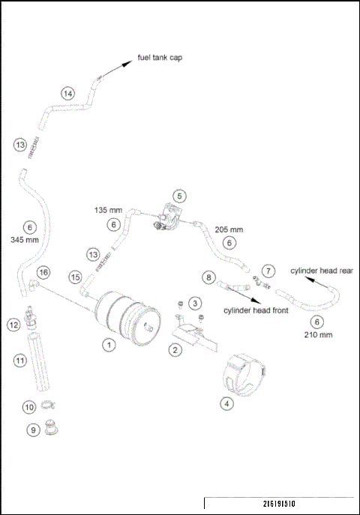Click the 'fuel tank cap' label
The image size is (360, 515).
point(160,58)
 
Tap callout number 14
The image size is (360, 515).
point(67,94)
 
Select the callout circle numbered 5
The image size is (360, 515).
point(179,196)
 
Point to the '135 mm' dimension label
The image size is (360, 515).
point(108,211)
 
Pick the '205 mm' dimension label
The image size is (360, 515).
point(229,229)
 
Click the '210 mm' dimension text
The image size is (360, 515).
point(317,334)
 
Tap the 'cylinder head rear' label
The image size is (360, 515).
point(322,271)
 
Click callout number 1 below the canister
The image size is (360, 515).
point(109,346)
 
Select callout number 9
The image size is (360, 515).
point(33,430)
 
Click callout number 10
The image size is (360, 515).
point(29,407)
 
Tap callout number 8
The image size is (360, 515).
point(209,277)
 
